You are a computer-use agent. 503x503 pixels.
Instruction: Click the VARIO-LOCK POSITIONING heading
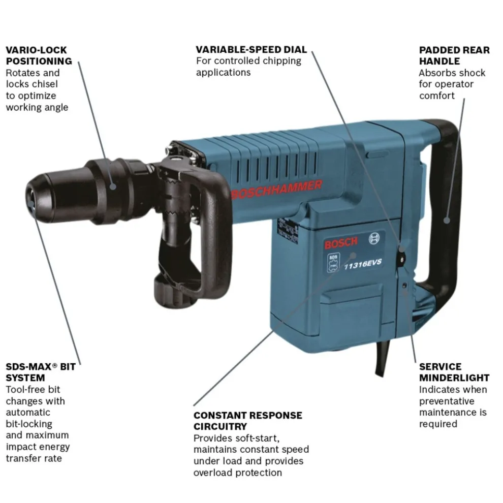click(x=39, y=55)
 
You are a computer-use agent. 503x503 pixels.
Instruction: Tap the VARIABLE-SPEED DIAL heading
click(x=251, y=49)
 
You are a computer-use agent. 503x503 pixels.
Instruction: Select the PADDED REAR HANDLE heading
click(x=454, y=55)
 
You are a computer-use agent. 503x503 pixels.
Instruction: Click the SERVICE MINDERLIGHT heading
click(x=454, y=372)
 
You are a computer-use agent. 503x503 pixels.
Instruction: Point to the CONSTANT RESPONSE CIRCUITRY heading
click(x=247, y=421)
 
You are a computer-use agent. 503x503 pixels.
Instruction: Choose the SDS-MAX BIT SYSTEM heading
click(x=41, y=372)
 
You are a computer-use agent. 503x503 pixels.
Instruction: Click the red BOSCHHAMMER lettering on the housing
click(x=276, y=190)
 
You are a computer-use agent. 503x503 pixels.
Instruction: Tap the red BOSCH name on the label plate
click(x=341, y=243)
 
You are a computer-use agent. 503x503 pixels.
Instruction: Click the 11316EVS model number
click(x=363, y=264)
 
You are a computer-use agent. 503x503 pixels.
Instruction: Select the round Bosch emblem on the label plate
click(x=374, y=238)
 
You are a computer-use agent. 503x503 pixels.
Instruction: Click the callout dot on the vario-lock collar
click(x=113, y=186)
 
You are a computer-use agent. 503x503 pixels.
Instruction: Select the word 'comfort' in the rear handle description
click(x=437, y=96)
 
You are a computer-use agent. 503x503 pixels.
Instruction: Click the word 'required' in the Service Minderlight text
click(x=438, y=424)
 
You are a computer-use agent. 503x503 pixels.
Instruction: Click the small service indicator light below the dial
click(x=404, y=285)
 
